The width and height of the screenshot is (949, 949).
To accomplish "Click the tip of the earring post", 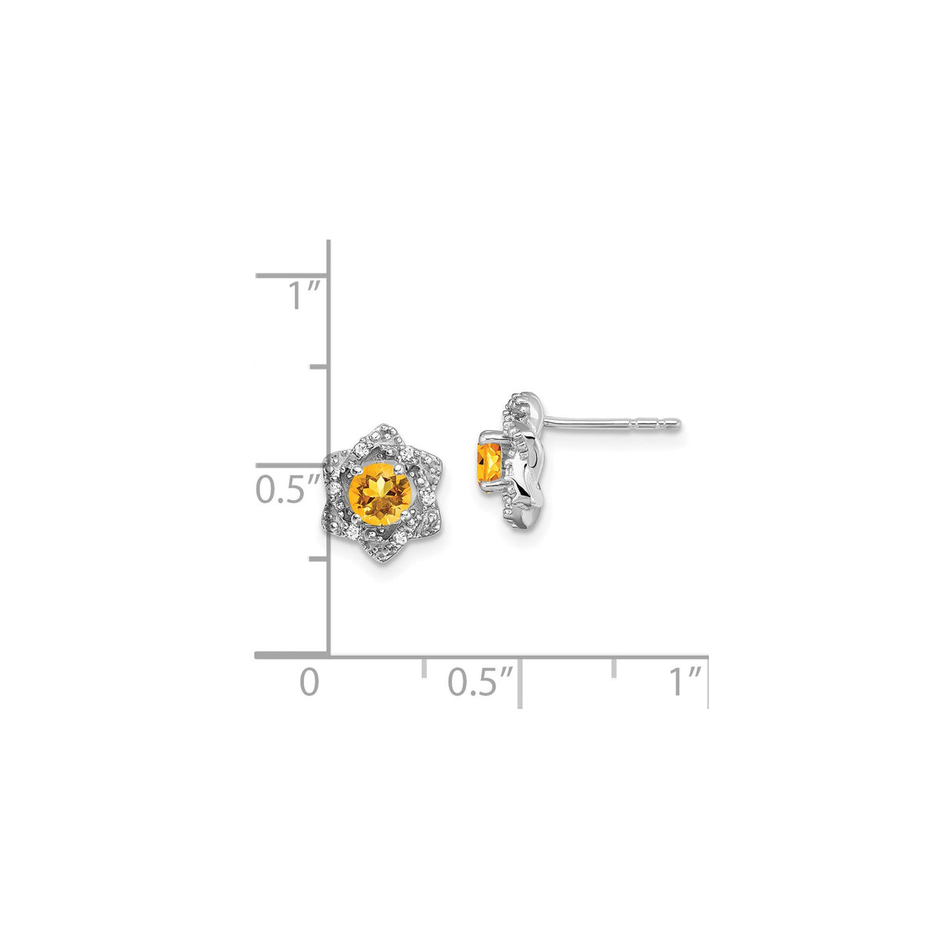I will coord(678,424).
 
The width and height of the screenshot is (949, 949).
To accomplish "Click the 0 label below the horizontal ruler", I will coord(310,682).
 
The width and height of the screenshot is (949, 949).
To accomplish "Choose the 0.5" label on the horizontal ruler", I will coord(481,682).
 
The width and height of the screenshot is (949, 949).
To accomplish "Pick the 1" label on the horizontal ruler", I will coord(684,682).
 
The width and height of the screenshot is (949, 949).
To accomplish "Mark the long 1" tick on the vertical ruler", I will coord(291,275).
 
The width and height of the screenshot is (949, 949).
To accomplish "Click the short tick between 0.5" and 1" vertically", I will coord(319,366).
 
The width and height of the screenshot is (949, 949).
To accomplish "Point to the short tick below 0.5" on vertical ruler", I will coord(319,559).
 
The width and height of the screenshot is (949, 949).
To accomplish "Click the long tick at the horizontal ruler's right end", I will coord(707,682).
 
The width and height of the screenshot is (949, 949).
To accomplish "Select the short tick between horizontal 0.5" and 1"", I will coord(614,668).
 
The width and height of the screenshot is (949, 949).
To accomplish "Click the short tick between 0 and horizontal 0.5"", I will coord(424,668).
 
